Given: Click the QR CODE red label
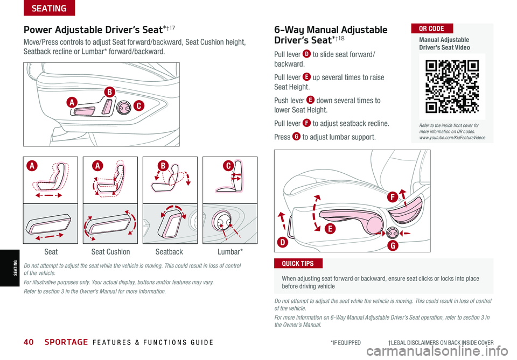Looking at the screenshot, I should (432, 28).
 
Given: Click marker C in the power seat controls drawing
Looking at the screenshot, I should (139, 106).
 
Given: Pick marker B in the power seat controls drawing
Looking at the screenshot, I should (109, 92).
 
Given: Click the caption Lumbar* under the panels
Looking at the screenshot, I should (230, 252).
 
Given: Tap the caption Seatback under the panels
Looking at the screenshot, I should (169, 252).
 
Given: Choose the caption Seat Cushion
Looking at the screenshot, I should (110, 252).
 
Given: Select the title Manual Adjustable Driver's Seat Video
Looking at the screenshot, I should (447, 44).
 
